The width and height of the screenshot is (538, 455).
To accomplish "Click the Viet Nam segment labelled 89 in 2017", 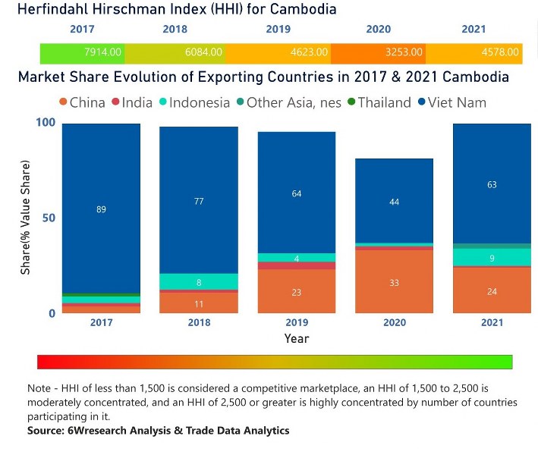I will point(101,209).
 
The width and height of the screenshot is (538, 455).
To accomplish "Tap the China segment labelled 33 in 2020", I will point(395,282).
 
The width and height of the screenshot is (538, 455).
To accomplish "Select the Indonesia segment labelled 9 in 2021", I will point(492,258).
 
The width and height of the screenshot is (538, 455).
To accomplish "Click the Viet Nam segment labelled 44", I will point(395,202).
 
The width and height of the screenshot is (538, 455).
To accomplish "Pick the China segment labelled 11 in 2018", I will point(199,303).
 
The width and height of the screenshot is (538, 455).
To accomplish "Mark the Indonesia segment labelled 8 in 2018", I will point(199,282).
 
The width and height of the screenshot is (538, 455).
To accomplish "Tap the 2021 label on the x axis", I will point(492,322).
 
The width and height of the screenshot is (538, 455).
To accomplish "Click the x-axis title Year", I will point(297,338).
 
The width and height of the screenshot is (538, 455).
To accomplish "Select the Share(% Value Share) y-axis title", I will point(26,218).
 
